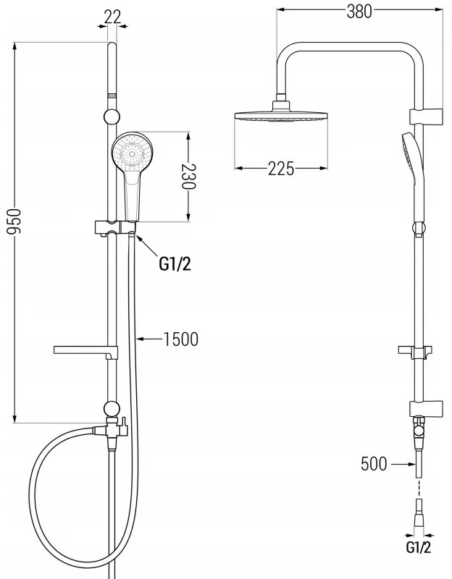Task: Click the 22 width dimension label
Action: click(x=112, y=17)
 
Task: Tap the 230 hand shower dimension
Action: click(x=188, y=176)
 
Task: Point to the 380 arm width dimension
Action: click(x=359, y=12)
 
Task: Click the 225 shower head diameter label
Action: click(x=281, y=169)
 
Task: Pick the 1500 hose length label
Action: click(x=180, y=339)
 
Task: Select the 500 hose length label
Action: click(x=374, y=464)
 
